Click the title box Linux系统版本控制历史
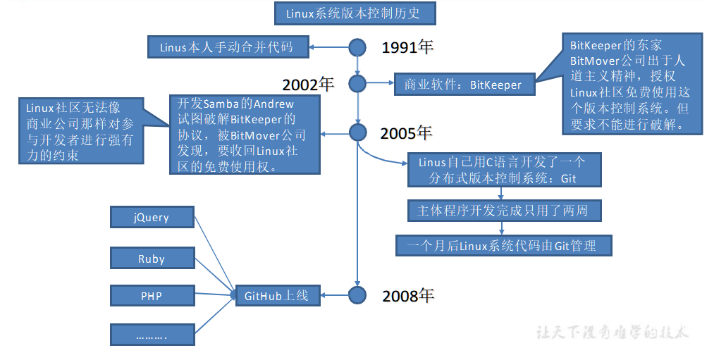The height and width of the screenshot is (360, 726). [x=355, y=13]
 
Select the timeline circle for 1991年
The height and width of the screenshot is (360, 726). [x=358, y=47]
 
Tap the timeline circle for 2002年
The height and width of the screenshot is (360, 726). [x=358, y=85]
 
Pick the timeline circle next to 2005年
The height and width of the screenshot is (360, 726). [x=358, y=132]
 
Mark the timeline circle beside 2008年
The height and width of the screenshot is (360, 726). [x=358, y=295]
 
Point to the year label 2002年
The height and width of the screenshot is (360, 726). [x=308, y=85]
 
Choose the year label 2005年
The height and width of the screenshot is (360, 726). [x=406, y=132]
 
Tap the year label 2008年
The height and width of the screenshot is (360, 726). [x=407, y=295]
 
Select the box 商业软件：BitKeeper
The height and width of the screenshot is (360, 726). [x=463, y=85]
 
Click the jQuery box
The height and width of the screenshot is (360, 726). [x=152, y=217]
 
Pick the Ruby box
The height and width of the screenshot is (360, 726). [x=152, y=259]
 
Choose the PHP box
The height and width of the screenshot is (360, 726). [x=152, y=296]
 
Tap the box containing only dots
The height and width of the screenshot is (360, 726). [x=152, y=336]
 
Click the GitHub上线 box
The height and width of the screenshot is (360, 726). [x=277, y=296]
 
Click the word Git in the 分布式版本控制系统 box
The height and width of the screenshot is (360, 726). [x=568, y=178]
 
